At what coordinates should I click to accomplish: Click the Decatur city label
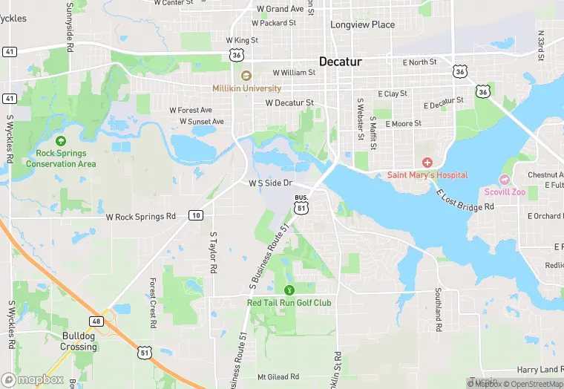tap(340, 61)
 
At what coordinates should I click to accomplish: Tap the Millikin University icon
tap(246, 75)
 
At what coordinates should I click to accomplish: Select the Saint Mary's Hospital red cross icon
tap(427, 162)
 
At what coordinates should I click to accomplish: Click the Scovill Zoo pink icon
tap(505, 180)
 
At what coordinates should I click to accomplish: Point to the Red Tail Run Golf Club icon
tap(289, 290)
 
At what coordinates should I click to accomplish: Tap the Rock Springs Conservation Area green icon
tap(61, 140)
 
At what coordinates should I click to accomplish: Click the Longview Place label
tap(363, 24)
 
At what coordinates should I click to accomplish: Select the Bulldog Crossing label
tap(78, 341)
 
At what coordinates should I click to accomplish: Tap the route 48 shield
tap(97, 321)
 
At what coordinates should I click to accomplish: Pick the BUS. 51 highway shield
tap(301, 206)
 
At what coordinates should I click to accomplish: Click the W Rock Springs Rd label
tap(141, 217)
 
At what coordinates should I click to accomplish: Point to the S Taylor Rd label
tap(213, 252)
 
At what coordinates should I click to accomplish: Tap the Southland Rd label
tap(439, 310)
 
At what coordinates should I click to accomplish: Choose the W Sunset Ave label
tap(199, 121)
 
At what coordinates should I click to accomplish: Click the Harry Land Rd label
tap(538, 370)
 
